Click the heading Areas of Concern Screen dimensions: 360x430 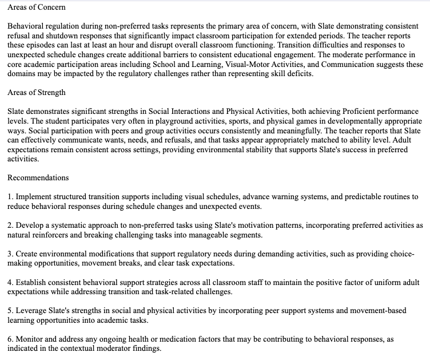pyautogui.click(x=37, y=7)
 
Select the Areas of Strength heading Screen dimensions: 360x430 pyautogui.click(x=37, y=92)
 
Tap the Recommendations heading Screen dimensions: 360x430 pyautogui.click(x=38, y=178)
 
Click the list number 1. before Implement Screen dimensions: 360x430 pyautogui.click(x=10, y=196)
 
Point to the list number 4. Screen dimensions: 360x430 pyautogui.click(x=10, y=282)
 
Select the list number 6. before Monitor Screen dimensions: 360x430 pyautogui.click(x=10, y=339)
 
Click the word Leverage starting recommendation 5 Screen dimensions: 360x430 pyautogui.click(x=31, y=311)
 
